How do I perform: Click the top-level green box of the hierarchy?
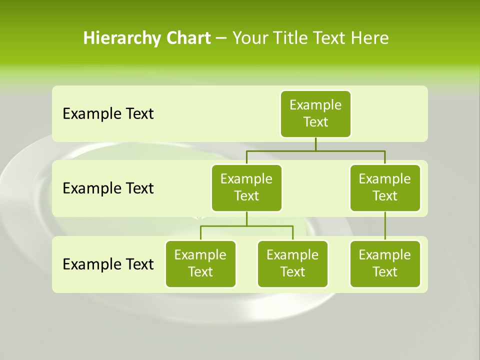pyautogui.click(x=315, y=113)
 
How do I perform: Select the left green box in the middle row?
pyautogui.click(x=246, y=187)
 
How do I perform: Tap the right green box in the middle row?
pyautogui.click(x=385, y=187)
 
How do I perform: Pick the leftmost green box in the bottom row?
pyautogui.click(x=200, y=263)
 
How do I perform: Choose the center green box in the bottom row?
pyautogui.click(x=292, y=263)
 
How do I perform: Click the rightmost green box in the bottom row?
pyautogui.click(x=385, y=263)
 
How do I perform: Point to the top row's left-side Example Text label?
pyautogui.click(x=108, y=114)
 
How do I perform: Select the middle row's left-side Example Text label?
pyautogui.click(x=108, y=188)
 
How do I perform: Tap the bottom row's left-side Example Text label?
pyautogui.click(x=108, y=264)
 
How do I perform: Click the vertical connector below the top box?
pyautogui.click(x=315, y=144)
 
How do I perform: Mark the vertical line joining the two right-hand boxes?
pyautogui.click(x=385, y=226)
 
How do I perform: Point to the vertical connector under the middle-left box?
pyautogui.click(x=246, y=219)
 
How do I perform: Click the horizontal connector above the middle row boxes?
pyautogui.click(x=315, y=150)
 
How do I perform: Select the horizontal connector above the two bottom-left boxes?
pyautogui.click(x=246, y=226)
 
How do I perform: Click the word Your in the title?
pyautogui.click(x=249, y=38)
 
